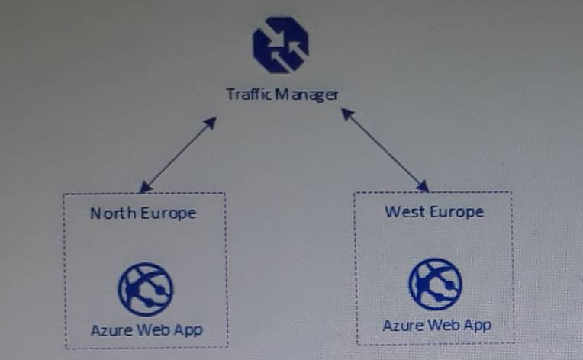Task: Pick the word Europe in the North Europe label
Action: pos(167,213)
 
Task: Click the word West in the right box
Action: pos(404,211)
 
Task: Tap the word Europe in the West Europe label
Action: pos(456,211)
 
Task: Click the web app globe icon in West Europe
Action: pos(436,284)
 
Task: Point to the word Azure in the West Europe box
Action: pos(401,325)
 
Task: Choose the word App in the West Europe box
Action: pos(476,325)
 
